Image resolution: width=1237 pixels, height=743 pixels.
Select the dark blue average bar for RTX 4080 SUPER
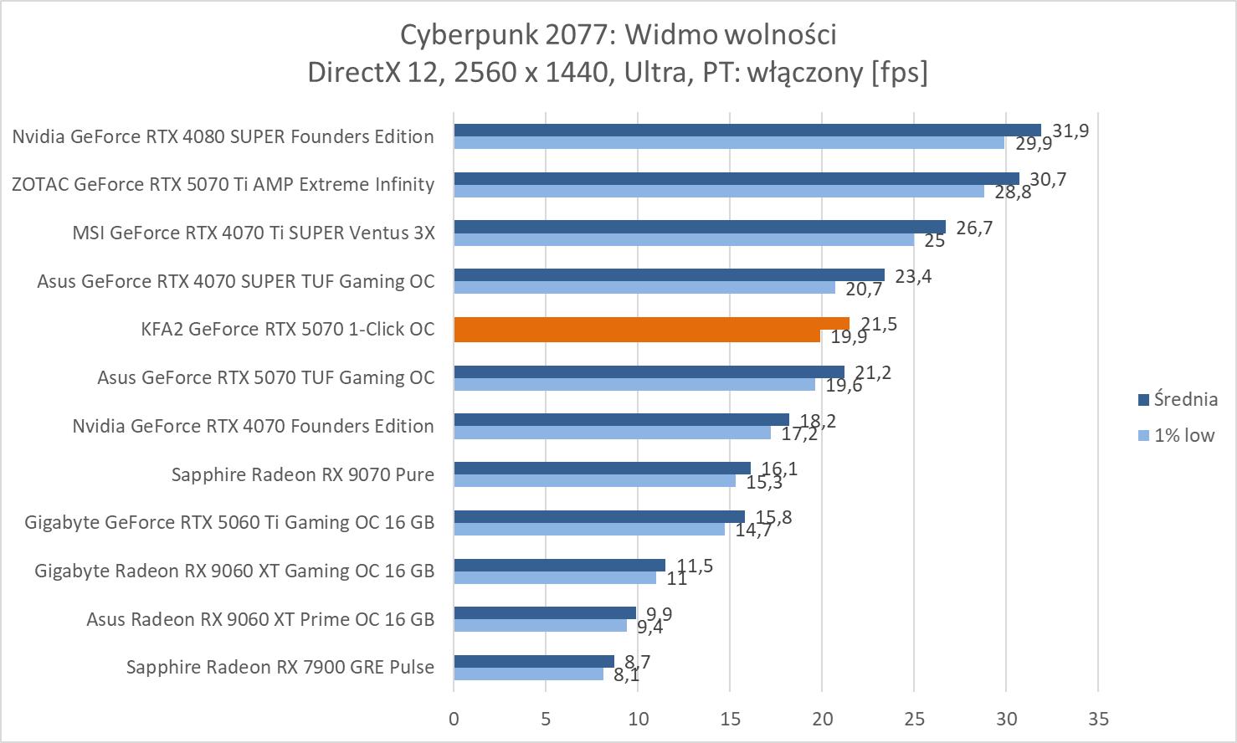[x=747, y=130]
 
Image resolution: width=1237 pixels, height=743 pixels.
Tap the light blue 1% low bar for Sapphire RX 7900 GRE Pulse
[x=528, y=674]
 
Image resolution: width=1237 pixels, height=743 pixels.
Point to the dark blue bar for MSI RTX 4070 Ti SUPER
[x=699, y=227]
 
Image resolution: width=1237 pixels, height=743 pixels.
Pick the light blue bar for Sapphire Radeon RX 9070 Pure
[x=594, y=481]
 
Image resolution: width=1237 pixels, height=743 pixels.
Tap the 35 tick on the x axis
[x=1098, y=719]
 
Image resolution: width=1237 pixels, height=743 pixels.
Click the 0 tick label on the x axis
[x=454, y=719]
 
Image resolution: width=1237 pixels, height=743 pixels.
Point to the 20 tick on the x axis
[x=822, y=719]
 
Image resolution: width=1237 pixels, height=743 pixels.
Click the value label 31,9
[x=1070, y=131]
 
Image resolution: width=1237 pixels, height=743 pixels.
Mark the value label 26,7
[x=974, y=228]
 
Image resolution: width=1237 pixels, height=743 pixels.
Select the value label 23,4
[x=913, y=276]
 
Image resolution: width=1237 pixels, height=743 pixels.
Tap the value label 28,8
[x=1013, y=192]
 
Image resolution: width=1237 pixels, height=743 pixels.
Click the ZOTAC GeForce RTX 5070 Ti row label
[x=223, y=184]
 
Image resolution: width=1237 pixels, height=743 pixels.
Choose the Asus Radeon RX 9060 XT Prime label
[x=260, y=619]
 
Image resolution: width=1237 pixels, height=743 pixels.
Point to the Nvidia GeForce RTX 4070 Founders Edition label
[x=253, y=426]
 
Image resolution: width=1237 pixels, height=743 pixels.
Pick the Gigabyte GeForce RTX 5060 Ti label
[x=229, y=523]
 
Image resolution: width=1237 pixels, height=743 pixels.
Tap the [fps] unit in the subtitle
[x=899, y=72]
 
